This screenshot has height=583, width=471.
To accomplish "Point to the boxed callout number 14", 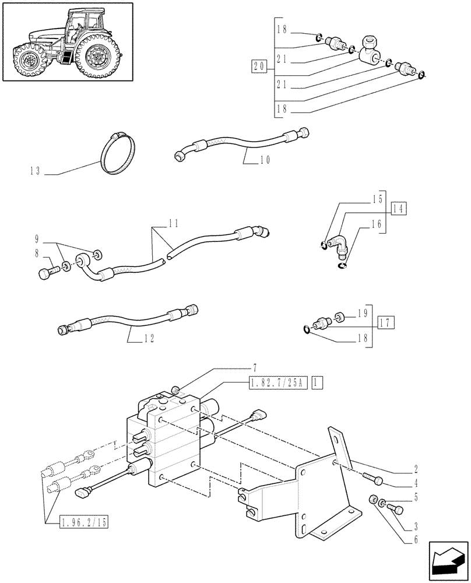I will click(x=399, y=208).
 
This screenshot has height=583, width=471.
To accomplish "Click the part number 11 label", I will click(x=173, y=223).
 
